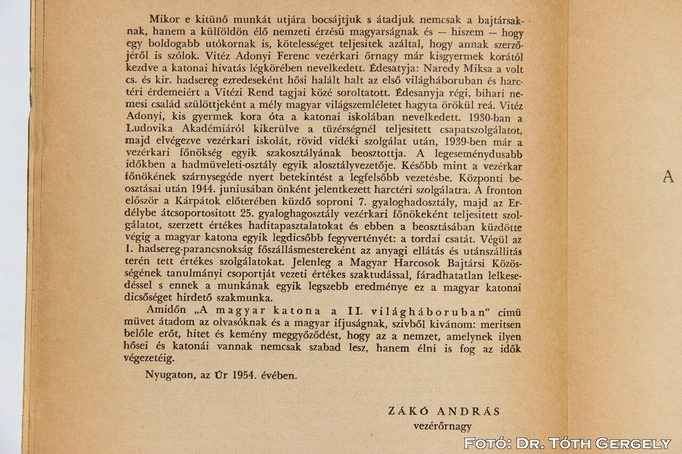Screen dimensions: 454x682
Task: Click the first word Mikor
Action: coord(164,20)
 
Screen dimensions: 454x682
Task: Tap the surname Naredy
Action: coord(442,69)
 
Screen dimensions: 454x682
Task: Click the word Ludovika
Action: coord(147,130)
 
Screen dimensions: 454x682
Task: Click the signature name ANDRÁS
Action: coord(469,411)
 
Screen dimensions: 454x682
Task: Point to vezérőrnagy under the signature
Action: coord(443,426)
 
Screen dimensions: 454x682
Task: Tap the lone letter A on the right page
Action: coord(668,177)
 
